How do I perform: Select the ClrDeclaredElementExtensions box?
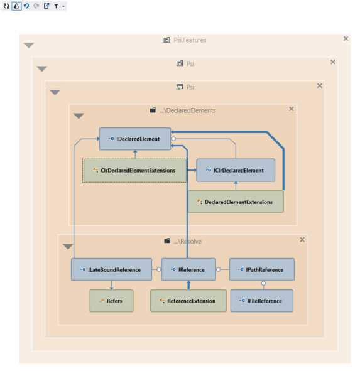[134, 170]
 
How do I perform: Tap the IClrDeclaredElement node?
[235, 170]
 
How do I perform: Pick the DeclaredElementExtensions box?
[235, 202]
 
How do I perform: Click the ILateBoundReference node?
[111, 269]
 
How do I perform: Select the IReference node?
[188, 269]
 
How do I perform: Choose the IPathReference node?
[261, 269]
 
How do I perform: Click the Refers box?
[111, 301]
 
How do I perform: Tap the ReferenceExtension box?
[188, 301]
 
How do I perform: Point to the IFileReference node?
[261, 301]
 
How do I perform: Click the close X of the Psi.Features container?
[346, 39]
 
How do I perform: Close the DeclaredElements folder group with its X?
[291, 109]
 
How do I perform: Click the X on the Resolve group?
[302, 240]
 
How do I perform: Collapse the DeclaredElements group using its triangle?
[79, 116]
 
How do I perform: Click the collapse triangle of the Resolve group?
[68, 247]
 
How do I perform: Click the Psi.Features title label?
[189, 40]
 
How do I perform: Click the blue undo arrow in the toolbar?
[26, 6]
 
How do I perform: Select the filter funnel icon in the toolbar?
[56, 6]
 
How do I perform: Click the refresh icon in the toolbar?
[6, 6]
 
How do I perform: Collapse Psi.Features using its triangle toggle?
[28, 45]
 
